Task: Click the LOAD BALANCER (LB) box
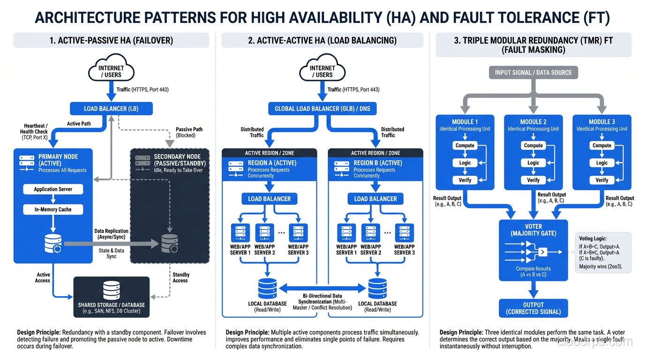111,109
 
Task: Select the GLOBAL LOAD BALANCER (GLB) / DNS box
322,109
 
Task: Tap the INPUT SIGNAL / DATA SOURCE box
533,73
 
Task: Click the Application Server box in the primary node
53,189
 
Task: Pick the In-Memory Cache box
53,210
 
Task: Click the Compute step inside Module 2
533,145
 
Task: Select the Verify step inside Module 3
601,180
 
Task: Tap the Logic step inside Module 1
465,163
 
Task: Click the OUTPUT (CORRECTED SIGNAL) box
533,308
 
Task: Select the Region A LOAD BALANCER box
269,199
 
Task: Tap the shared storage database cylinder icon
112,290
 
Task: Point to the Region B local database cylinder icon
377,288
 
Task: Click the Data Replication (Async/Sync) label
111,234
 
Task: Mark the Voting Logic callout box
604,253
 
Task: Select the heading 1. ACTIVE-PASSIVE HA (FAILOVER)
111,40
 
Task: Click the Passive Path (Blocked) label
189,132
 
